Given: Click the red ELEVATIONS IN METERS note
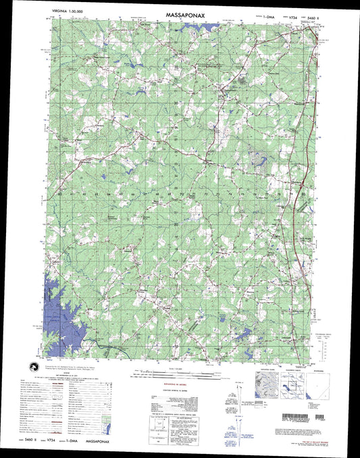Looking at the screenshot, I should (x=170, y=380).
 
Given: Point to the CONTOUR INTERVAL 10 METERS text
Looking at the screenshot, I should (x=170, y=386).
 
